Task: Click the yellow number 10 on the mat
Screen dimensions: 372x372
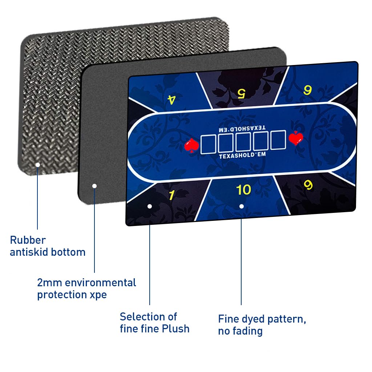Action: [x=243, y=190]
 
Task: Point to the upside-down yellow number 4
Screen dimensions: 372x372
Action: [x=171, y=100]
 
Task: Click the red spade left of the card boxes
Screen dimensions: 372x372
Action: [x=191, y=145]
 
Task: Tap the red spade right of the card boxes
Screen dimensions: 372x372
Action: [x=295, y=138]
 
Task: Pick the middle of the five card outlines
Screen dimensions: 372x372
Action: [x=243, y=142]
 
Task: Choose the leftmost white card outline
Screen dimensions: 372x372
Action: [x=209, y=144]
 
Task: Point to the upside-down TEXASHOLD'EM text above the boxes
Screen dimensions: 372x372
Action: [x=242, y=128]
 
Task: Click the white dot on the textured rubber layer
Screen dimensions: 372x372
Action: [x=37, y=165]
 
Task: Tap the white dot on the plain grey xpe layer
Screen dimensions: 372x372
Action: [x=94, y=186]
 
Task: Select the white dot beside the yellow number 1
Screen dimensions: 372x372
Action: [x=150, y=206]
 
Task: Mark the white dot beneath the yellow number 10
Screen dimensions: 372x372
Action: [x=242, y=206]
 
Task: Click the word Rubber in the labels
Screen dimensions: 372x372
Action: [x=28, y=240]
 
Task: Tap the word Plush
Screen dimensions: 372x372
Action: [x=176, y=329]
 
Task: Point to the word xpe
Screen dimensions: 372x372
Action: [x=98, y=295]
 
